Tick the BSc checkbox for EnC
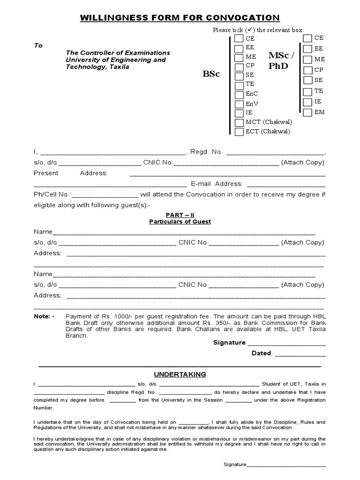coord(239,94)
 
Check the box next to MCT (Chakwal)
coord(239,122)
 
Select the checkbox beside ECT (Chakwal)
coord(239,131)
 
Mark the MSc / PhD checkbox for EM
coord(307,112)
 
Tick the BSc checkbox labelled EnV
coord(239,104)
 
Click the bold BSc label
coord(211,75)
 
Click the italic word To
coord(38,45)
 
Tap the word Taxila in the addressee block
coord(119,67)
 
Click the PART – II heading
coord(180,215)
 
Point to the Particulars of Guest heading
coord(180,222)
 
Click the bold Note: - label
coord(44,316)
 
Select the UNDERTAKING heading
coord(180,374)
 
